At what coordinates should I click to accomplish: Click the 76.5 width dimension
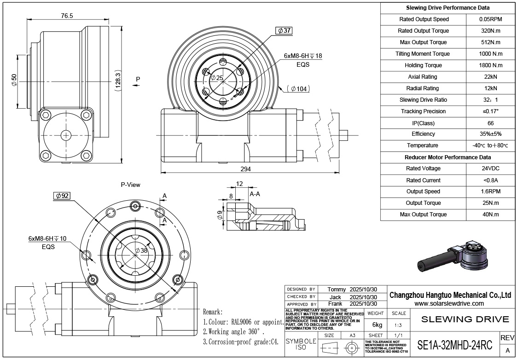click(x=67, y=16)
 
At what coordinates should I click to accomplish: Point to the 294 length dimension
click(x=246, y=169)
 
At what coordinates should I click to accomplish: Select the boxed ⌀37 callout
click(x=284, y=31)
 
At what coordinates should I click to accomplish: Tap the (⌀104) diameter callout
click(x=299, y=89)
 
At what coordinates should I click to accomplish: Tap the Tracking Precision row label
click(x=423, y=111)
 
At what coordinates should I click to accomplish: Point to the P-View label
click(x=131, y=185)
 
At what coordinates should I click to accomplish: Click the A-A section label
click(x=255, y=194)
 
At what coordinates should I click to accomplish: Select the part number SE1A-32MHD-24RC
click(x=454, y=345)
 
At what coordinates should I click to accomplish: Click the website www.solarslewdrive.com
click(x=449, y=304)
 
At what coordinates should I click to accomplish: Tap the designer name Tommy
click(x=336, y=289)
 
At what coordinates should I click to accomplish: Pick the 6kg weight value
click(x=376, y=324)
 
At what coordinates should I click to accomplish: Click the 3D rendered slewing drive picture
click(x=454, y=256)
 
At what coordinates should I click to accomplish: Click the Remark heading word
click(x=213, y=312)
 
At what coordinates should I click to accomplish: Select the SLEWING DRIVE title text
click(x=465, y=319)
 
